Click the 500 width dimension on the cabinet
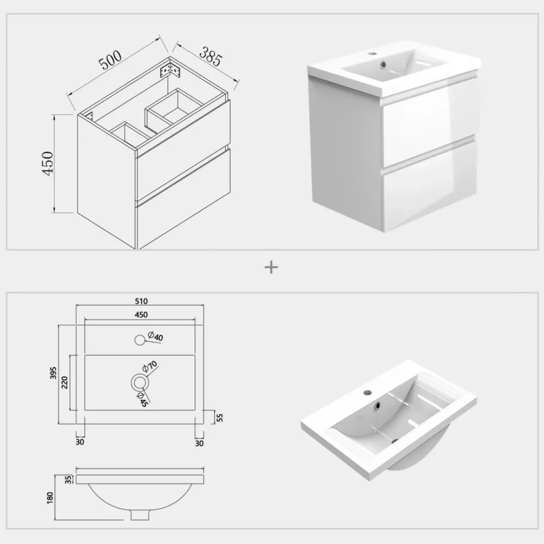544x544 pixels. pyautogui.click(x=110, y=60)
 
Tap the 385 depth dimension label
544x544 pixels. pyautogui.click(x=210, y=56)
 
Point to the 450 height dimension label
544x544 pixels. pyautogui.click(x=48, y=163)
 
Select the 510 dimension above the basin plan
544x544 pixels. pyautogui.click(x=141, y=301)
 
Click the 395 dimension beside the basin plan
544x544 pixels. pyautogui.click(x=53, y=373)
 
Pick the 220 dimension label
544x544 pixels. pyautogui.click(x=65, y=382)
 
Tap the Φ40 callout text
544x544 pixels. pyautogui.click(x=155, y=336)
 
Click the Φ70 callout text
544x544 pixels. pyautogui.click(x=150, y=367)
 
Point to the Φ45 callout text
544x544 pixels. pyautogui.click(x=142, y=399)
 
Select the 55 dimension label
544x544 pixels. pyautogui.click(x=220, y=418)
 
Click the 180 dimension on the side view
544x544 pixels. pyautogui.click(x=50, y=498)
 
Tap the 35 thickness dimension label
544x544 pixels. pyautogui.click(x=69, y=479)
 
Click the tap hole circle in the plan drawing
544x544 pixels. pyautogui.click(x=139, y=340)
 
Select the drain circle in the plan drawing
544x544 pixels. pyautogui.click(x=140, y=383)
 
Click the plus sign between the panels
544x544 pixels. pyautogui.click(x=271, y=267)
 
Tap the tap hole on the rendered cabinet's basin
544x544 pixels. pyautogui.click(x=373, y=54)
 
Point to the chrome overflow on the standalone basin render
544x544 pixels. pyautogui.click(x=378, y=405)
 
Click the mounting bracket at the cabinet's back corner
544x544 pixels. pyautogui.click(x=171, y=71)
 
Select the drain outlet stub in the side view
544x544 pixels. pyautogui.click(x=139, y=515)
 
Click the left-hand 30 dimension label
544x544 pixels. pyautogui.click(x=80, y=441)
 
